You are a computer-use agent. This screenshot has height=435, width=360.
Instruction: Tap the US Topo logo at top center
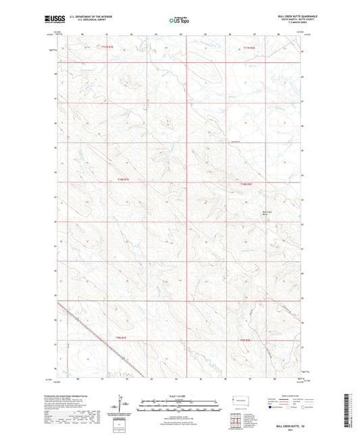[180, 20]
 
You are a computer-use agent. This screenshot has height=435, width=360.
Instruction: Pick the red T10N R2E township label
[249, 183]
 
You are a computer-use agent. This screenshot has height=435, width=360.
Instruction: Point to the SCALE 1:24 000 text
[180, 395]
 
